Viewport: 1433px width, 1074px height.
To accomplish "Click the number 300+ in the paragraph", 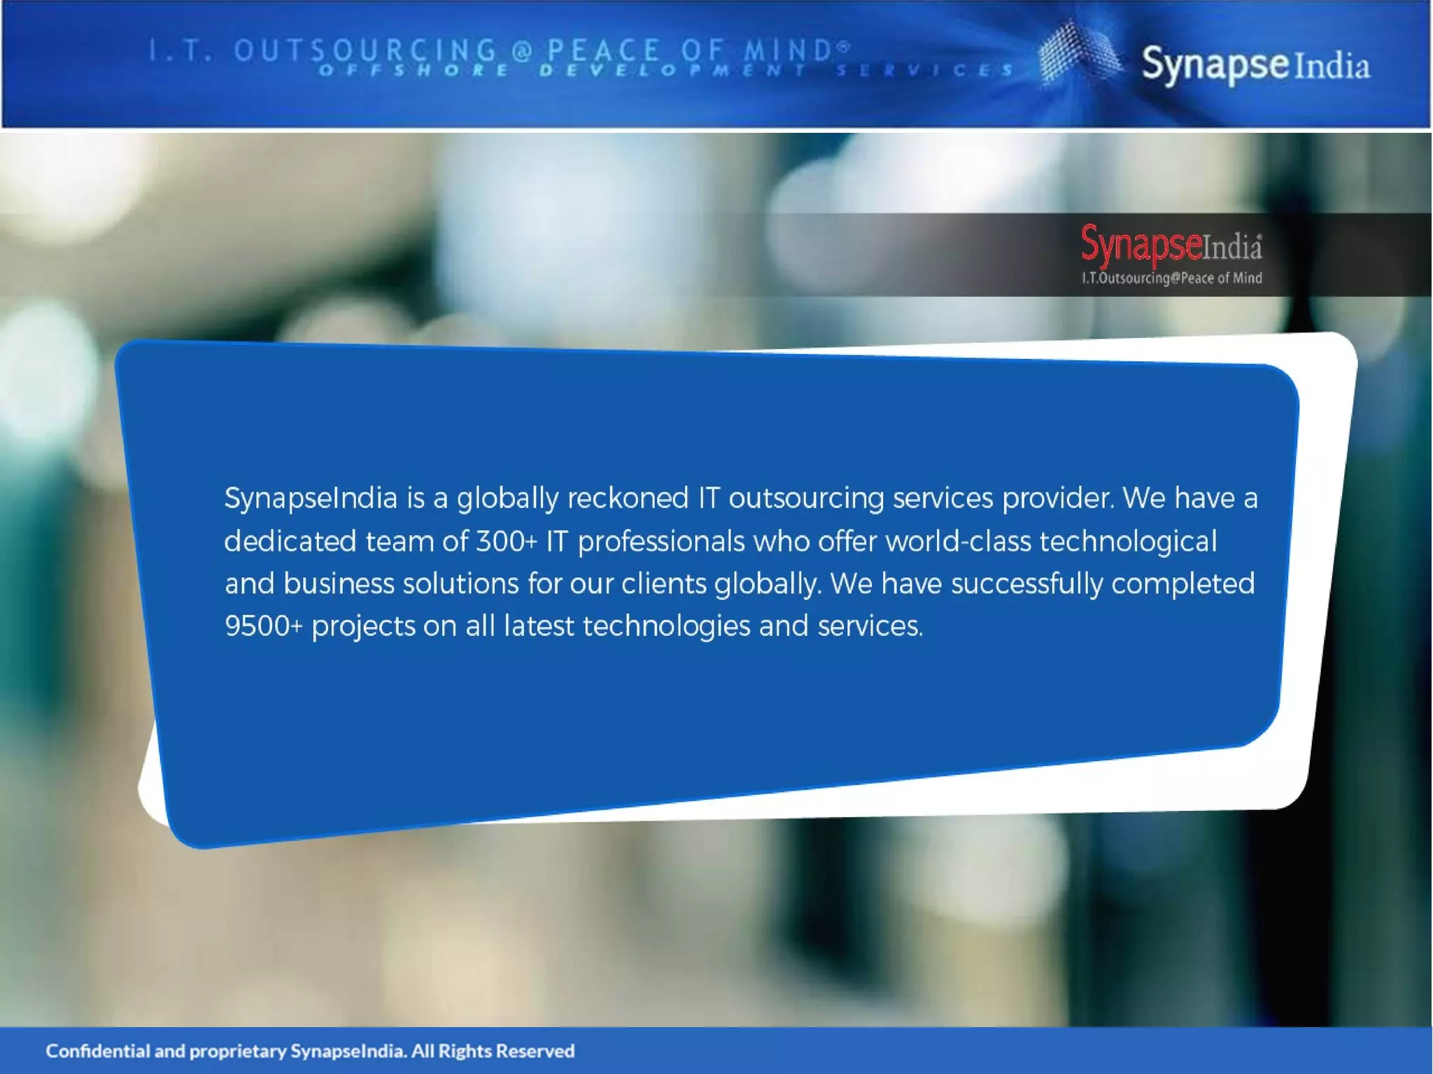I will coord(507,542).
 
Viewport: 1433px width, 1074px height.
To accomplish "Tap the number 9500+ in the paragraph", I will coord(264,626).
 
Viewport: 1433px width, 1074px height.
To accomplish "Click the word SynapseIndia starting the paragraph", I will coord(311,499).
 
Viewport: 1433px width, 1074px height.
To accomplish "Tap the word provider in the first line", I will coord(1057,499).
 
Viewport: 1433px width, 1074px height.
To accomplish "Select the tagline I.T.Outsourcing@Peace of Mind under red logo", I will coord(1171,278).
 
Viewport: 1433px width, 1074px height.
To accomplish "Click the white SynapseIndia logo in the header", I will coord(1255,65).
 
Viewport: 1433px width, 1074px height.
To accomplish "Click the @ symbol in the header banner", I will coord(522,51).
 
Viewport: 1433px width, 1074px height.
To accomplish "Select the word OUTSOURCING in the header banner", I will coord(365,50).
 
